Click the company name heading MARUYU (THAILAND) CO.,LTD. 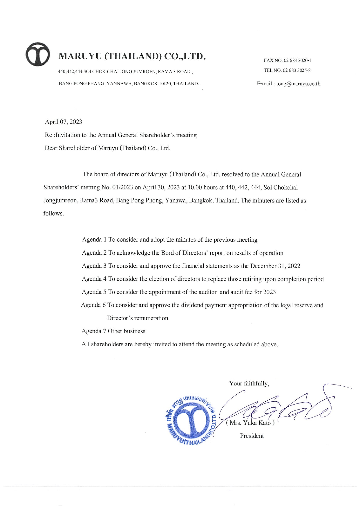pos(132,56)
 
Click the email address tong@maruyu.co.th pos(298,84)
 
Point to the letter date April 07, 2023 pos(63,122)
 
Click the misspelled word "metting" pos(90,187)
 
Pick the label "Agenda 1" pos(94,240)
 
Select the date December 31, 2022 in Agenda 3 pos(275,266)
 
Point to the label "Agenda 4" pos(94,279)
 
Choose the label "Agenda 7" pos(94,331)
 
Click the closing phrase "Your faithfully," pos(249,383)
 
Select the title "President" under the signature pos(252,436)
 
